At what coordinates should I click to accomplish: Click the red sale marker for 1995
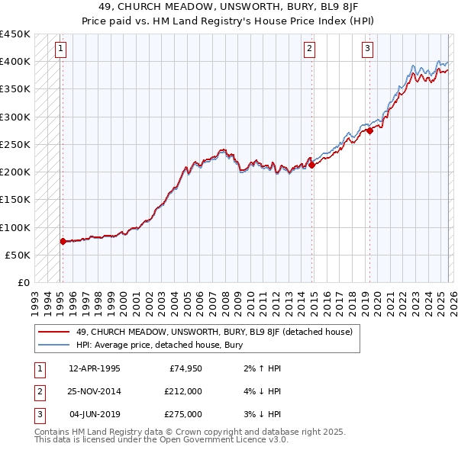[63, 241]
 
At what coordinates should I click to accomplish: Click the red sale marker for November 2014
[311, 165]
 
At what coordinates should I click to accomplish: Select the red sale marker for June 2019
[369, 130]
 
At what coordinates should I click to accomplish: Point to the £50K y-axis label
[17, 255]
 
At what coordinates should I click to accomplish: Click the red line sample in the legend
[54, 332]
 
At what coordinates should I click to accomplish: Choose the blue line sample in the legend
[54, 345]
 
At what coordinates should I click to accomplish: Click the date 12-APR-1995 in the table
[95, 369]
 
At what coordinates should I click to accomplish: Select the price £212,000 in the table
[183, 391]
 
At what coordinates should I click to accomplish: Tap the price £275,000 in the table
[183, 414]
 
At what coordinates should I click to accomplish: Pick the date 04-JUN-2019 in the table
[95, 414]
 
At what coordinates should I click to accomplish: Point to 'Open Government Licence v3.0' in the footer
[221, 440]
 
